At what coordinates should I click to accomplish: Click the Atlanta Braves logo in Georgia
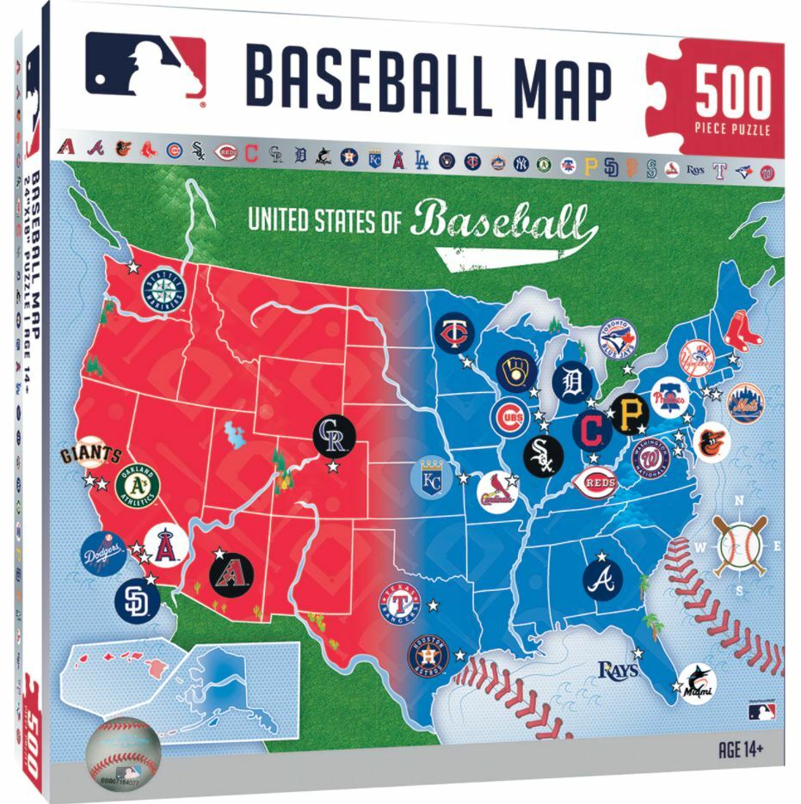(602, 579)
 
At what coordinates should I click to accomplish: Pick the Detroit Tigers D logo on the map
(572, 382)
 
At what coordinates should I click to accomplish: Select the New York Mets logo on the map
(747, 402)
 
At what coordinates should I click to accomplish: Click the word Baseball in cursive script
(503, 220)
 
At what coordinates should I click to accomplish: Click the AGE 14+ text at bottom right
(741, 748)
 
